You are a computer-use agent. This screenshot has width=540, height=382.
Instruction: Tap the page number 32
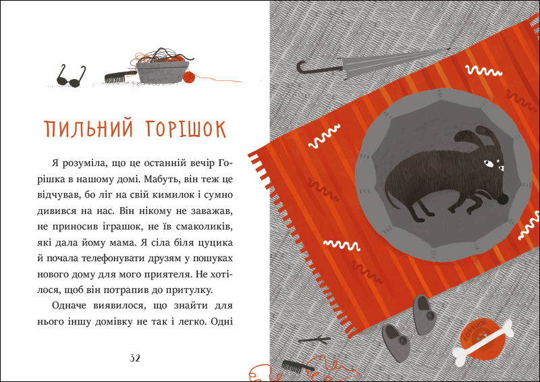coord(134,357)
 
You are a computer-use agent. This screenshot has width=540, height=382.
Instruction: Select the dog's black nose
coord(502,198)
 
